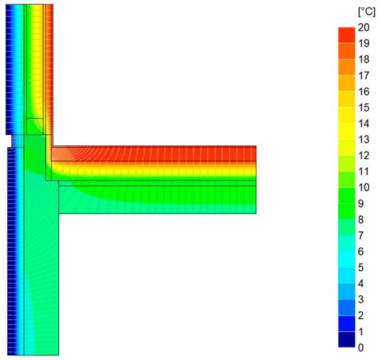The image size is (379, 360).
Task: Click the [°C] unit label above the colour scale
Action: click(x=367, y=12)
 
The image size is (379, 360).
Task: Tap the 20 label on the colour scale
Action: click(x=364, y=28)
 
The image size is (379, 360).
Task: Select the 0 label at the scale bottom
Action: click(x=360, y=348)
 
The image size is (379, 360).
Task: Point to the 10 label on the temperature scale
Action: click(x=364, y=187)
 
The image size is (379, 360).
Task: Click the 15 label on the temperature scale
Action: click(x=364, y=107)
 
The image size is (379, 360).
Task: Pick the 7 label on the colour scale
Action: click(x=360, y=235)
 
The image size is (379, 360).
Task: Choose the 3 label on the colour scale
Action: click(x=360, y=299)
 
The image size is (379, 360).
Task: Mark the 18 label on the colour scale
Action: click(x=364, y=59)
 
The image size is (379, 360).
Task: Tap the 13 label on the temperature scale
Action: click(x=364, y=140)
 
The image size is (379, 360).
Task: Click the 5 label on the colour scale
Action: click(x=360, y=268)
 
